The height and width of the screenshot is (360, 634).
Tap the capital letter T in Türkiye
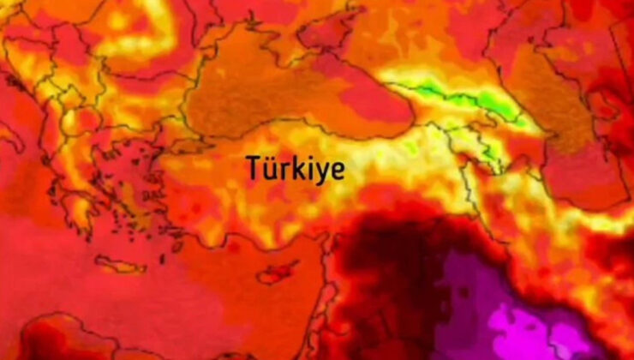click(254, 166)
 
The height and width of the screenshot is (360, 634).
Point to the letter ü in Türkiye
click(268, 167)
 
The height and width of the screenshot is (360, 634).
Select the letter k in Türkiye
click(290, 166)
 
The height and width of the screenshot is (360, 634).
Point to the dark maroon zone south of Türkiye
click(377, 274)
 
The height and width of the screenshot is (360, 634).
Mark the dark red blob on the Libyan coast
click(51, 339)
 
